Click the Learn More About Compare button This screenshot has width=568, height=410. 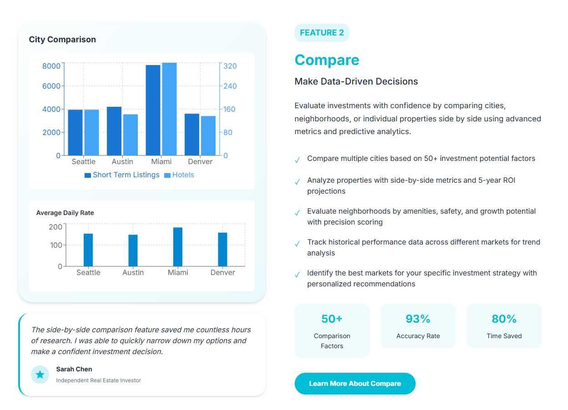[x=355, y=384]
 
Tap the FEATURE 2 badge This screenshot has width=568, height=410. [x=322, y=33]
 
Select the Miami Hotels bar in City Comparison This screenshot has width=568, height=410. [x=169, y=109]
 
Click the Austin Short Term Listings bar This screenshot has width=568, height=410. [x=114, y=131]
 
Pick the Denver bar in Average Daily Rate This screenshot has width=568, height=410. [x=222, y=249]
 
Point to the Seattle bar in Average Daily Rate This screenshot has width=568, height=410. [x=88, y=250]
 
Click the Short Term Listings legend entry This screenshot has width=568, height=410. [x=122, y=175]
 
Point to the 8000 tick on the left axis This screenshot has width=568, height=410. [x=51, y=66]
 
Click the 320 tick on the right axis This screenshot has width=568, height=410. [x=230, y=66]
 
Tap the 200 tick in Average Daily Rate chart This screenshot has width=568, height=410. [x=55, y=227]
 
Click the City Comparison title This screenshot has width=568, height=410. [x=62, y=40]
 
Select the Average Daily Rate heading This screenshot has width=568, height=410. [x=65, y=213]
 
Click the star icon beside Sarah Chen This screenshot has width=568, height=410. [x=40, y=375]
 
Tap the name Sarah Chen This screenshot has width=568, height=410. [x=74, y=369]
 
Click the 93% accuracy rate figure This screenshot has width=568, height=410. [x=418, y=319]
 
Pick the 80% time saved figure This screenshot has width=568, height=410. [x=504, y=319]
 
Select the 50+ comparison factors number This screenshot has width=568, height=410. [x=332, y=319]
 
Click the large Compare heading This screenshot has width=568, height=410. [x=327, y=60]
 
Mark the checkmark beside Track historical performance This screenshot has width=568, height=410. [x=297, y=244]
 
